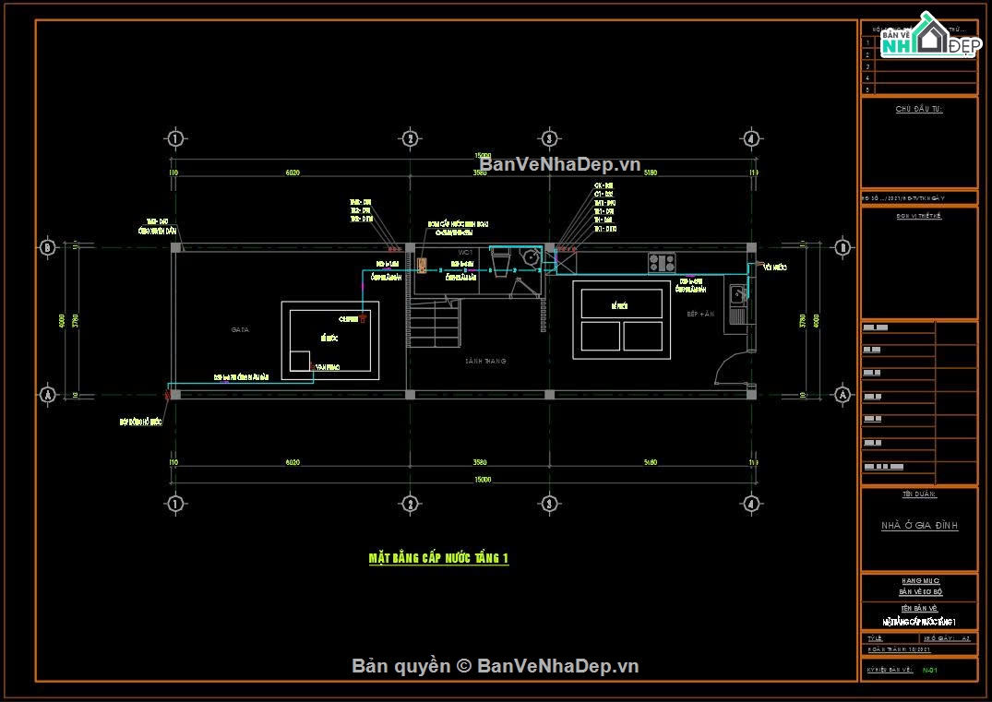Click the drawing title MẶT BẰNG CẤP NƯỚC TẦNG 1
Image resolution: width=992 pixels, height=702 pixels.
(x=438, y=558)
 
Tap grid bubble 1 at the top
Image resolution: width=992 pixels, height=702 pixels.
(x=174, y=138)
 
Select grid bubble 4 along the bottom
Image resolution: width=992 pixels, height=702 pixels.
(x=751, y=504)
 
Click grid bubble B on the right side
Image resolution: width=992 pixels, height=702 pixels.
(x=842, y=247)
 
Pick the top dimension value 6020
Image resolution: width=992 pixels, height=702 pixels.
(x=293, y=173)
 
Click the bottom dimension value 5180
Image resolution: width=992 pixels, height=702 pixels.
(x=650, y=462)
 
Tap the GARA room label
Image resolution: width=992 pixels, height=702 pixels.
(x=240, y=329)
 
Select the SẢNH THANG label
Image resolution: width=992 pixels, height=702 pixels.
(x=485, y=361)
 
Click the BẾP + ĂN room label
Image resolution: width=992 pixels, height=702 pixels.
(x=701, y=315)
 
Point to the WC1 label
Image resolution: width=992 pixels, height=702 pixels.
(x=466, y=252)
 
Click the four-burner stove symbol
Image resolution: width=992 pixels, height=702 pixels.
(x=660, y=263)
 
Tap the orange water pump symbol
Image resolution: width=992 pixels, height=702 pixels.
(x=422, y=266)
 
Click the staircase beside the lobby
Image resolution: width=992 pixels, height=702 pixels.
(x=434, y=323)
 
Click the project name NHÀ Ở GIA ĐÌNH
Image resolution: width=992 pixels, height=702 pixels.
(x=919, y=526)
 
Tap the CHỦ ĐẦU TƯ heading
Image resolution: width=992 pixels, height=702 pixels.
(x=919, y=109)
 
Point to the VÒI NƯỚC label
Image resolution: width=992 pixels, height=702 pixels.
(x=774, y=267)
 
